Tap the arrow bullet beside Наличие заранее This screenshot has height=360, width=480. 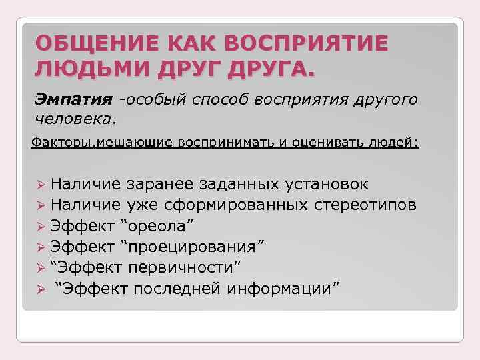(x=41, y=185)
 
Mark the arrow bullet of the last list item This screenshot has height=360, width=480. (x=41, y=289)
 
